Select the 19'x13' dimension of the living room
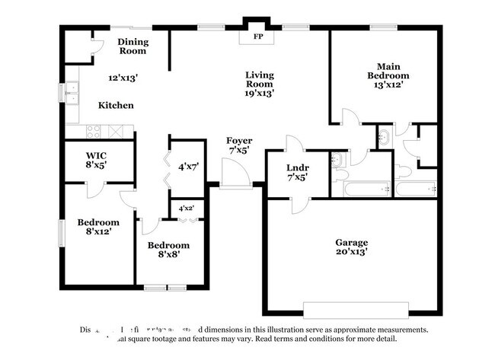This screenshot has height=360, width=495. [259, 94]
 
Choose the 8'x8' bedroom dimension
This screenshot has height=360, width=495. [168, 255]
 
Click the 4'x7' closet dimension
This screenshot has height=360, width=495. [188, 165]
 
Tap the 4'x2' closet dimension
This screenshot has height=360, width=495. [186, 208]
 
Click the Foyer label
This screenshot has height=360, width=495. [239, 141]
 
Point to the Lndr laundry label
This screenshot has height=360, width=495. [297, 167]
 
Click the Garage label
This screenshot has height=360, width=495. [351, 242]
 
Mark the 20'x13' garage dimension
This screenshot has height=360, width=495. [351, 252]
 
